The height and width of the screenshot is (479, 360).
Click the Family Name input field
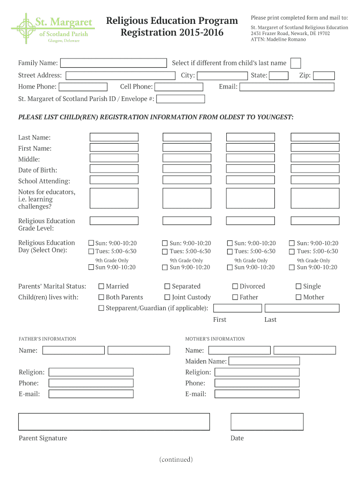tap(114, 63)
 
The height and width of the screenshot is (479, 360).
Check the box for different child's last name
tap(295, 63)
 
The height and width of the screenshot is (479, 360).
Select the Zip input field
tap(324, 76)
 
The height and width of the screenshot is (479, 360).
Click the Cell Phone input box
tap(179, 87)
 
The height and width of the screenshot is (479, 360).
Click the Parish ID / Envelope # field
tap(181, 99)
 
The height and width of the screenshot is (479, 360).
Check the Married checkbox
tap(101, 286)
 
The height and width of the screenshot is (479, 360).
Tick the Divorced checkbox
tap(235, 286)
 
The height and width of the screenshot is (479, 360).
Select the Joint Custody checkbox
tap(167, 297)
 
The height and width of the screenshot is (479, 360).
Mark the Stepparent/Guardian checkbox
tap(101, 308)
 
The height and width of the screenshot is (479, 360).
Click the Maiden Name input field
tap(264, 361)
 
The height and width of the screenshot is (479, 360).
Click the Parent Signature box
tap(114, 421)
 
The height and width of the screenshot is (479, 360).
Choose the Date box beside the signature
tap(267, 421)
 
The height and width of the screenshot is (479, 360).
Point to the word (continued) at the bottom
tap(176, 459)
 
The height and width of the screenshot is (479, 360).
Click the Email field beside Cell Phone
tap(287, 87)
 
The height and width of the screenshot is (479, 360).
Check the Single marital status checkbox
tap(299, 286)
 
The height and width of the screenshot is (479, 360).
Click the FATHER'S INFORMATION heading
tap(47, 339)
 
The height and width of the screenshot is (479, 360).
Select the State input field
tap(279, 76)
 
